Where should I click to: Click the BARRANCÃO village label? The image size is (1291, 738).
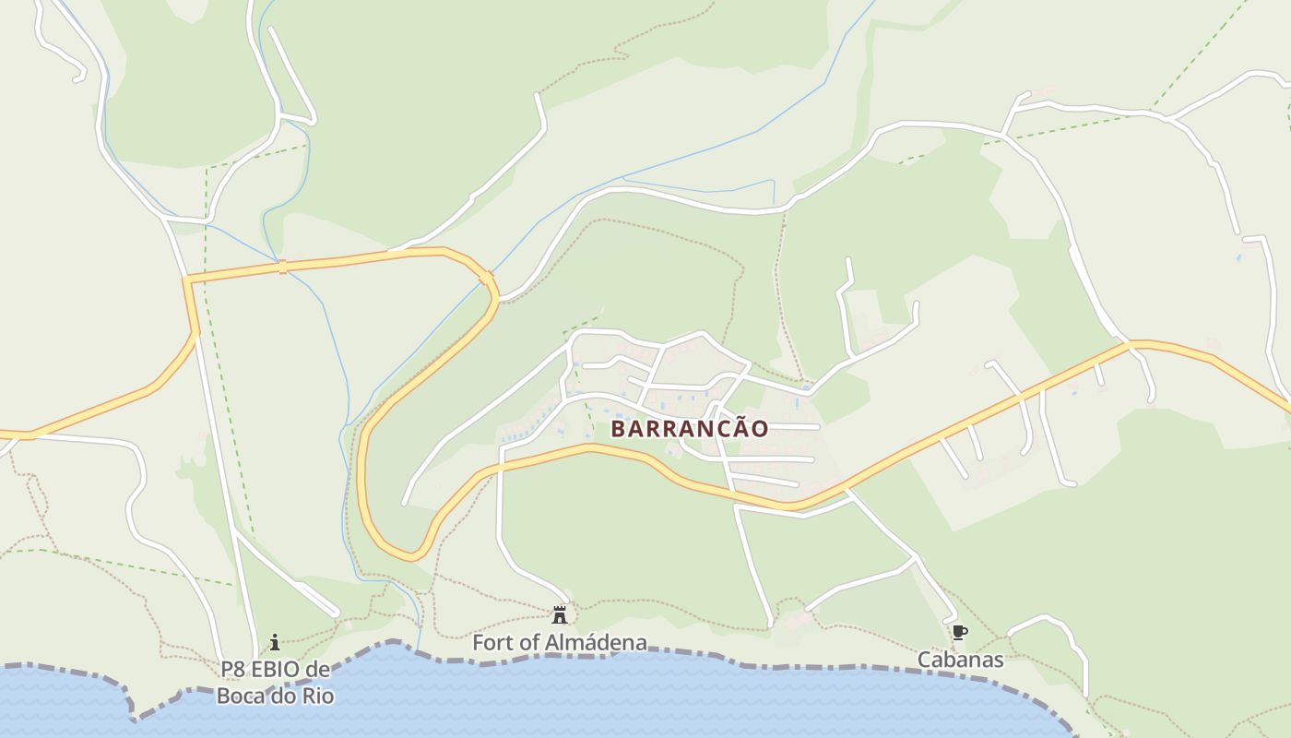pos(689,429)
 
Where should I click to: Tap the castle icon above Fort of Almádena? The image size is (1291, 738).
pos(559,614)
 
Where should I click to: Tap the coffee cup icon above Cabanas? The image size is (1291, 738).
pos(960,632)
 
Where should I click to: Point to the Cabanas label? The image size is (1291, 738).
pos(960,660)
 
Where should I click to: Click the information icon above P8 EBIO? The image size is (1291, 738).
pos(274,642)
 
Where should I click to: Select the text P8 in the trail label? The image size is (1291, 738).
pos(232,669)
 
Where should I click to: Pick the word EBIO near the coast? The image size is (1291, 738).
pos(278,669)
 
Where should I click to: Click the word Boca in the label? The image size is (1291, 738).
pos(243,696)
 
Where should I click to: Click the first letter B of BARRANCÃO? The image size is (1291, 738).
pos(619,429)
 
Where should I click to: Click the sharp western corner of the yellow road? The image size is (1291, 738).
pos(186,278)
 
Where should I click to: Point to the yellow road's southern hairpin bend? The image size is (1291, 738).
pos(410,555)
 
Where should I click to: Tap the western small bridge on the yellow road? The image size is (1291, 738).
pos(283,267)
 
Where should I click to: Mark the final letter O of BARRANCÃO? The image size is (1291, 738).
pos(759,429)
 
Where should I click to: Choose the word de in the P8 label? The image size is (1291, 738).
pos(318,669)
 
